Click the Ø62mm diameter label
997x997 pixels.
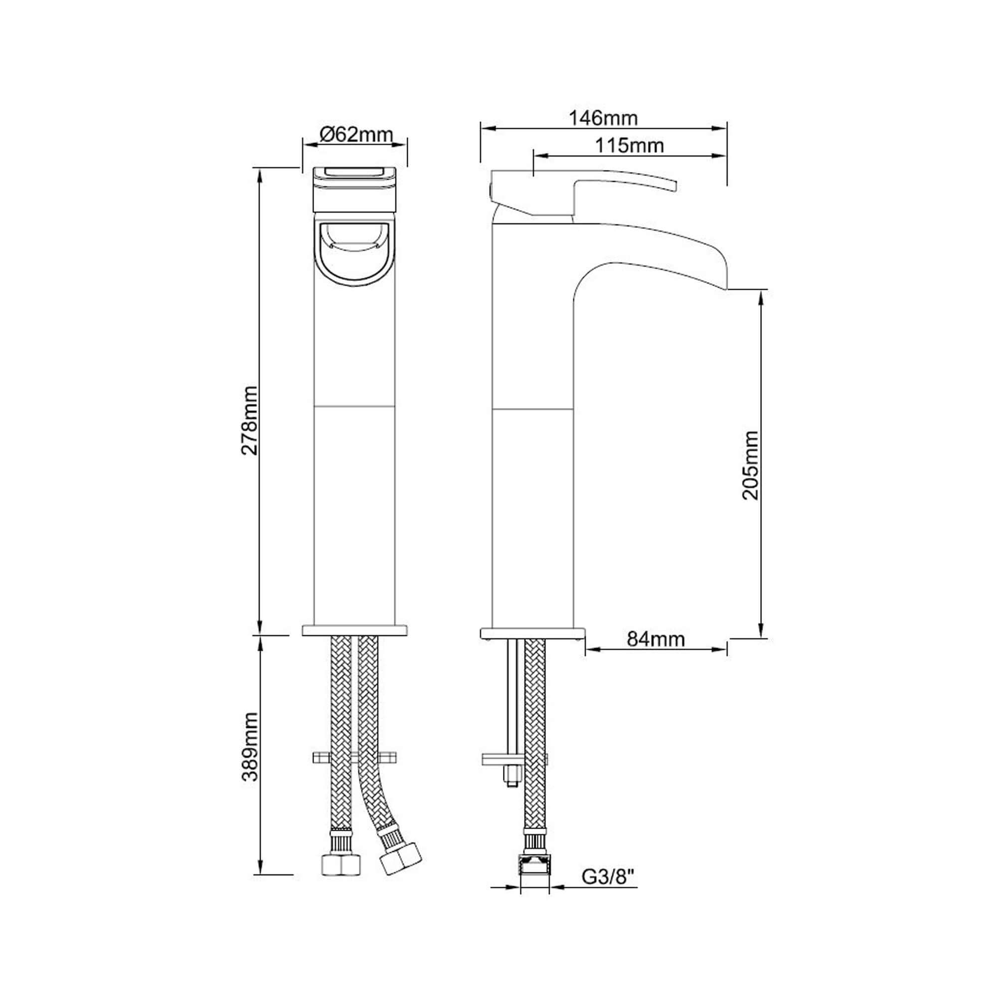pyautogui.click(x=356, y=135)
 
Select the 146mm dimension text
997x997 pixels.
pyautogui.click(x=603, y=118)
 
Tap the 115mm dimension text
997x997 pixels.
pyautogui.click(x=630, y=146)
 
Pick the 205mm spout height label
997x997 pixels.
pyautogui.click(x=751, y=465)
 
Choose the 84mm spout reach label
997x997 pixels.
pyautogui.click(x=656, y=640)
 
